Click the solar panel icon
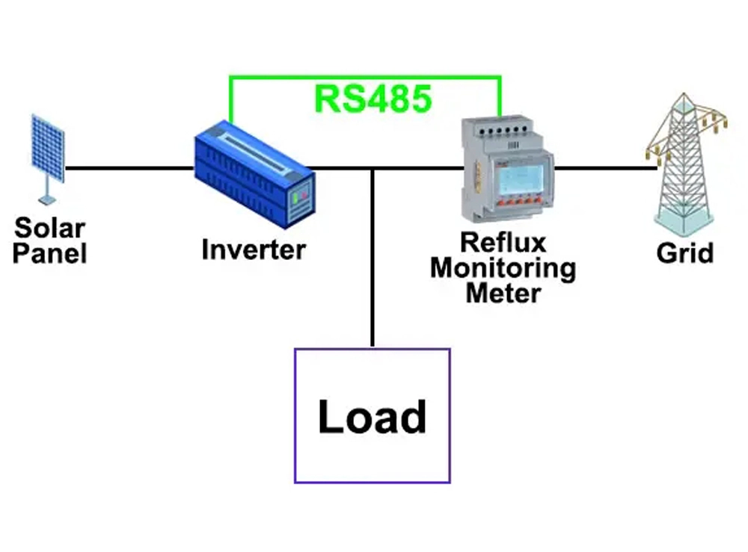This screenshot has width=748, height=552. point(47,149)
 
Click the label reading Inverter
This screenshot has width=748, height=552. point(254,249)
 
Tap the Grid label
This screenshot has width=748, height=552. point(684,252)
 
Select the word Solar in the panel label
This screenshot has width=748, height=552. point(49,227)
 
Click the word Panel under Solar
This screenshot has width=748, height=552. point(49,253)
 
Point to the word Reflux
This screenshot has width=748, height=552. point(503,242)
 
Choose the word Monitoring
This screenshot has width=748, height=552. point(503,267)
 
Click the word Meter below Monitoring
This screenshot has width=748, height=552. point(503,292)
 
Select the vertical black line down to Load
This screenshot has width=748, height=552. point(372,261)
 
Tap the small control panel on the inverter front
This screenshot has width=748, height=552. point(300,198)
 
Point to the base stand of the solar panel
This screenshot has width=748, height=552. point(46,198)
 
